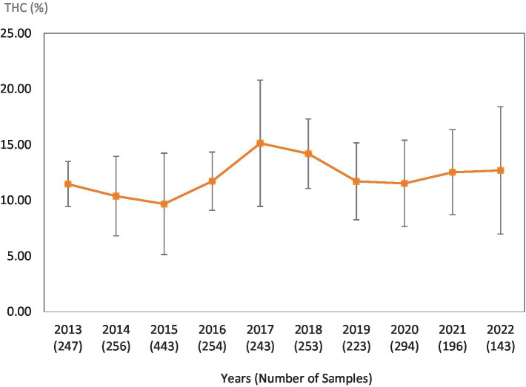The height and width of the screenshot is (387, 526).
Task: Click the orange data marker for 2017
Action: click(x=260, y=143)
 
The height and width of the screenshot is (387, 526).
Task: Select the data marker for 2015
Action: click(x=164, y=203)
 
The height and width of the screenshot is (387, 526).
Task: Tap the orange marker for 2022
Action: click(x=500, y=170)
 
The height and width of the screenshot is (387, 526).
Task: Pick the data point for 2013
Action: click(x=68, y=184)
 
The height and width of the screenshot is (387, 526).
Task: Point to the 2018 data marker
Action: click(x=308, y=153)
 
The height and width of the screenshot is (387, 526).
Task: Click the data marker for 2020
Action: click(x=405, y=183)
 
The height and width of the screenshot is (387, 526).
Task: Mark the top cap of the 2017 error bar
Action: click(x=260, y=80)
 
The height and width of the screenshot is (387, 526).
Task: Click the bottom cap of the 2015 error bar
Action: click(x=164, y=255)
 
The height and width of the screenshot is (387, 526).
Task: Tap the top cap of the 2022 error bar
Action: click(x=500, y=107)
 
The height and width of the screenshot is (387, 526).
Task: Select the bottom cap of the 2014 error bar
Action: click(x=116, y=235)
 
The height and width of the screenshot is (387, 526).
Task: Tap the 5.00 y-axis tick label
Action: click(x=19, y=256)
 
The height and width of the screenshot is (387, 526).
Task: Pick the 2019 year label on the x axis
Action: click(x=356, y=329)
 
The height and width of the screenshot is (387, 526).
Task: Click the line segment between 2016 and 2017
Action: click(x=236, y=161)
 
